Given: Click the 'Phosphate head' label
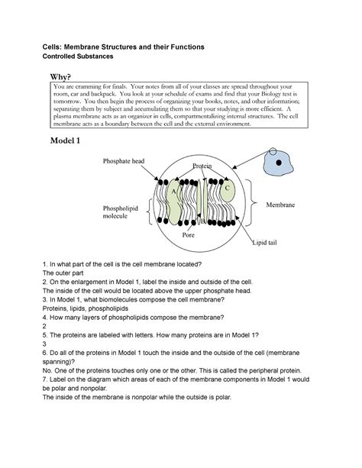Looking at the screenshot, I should (x=121, y=161).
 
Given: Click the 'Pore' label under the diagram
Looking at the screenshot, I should (x=189, y=236).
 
